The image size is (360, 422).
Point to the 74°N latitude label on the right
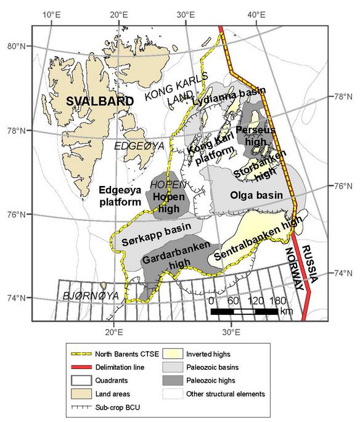click(343, 273)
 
